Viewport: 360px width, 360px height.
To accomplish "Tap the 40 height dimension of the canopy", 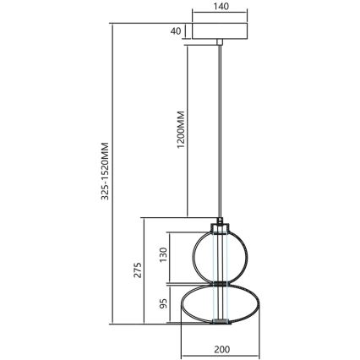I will click(x=175, y=30).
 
